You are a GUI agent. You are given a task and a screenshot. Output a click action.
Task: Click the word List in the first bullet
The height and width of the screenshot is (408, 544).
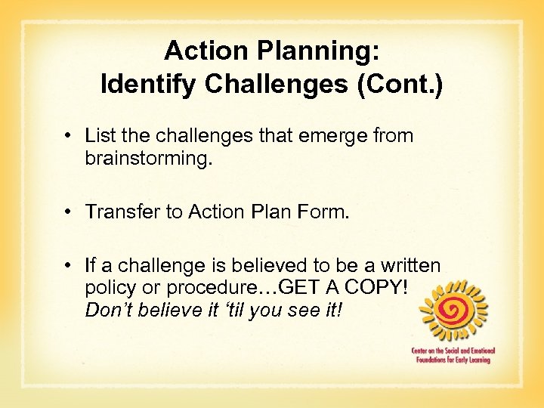(x=98, y=136)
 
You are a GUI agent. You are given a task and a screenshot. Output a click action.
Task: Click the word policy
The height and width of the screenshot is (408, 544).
(x=110, y=288)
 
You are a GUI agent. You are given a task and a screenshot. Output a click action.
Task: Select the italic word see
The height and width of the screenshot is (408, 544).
(x=301, y=310)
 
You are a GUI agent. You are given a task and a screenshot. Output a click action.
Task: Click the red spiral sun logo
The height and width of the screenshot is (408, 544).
(x=453, y=312)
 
